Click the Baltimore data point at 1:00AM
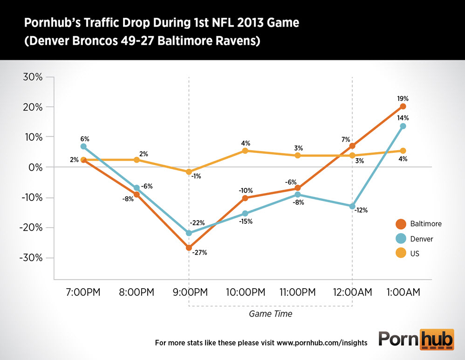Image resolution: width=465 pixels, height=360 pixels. pyautogui.click(x=403, y=106)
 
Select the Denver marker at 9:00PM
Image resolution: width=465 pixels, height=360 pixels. pyautogui.click(x=189, y=233)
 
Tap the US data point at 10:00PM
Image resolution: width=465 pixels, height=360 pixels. pyautogui.click(x=245, y=151)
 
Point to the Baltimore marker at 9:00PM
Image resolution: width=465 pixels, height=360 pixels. pyautogui.click(x=189, y=248)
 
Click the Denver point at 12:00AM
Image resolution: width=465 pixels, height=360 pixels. pyautogui.click(x=352, y=206)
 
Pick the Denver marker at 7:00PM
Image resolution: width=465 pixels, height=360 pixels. pyautogui.click(x=83, y=146)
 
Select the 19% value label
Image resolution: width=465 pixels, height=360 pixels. pyautogui.click(x=403, y=98)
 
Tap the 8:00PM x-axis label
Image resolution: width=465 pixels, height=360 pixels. pyautogui.click(x=137, y=292)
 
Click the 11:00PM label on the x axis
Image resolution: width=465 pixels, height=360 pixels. pyautogui.click(x=298, y=292)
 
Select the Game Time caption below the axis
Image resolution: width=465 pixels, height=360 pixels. pyautogui.click(x=271, y=314)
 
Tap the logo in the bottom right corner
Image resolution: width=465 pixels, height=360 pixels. pyautogui.click(x=416, y=340)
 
